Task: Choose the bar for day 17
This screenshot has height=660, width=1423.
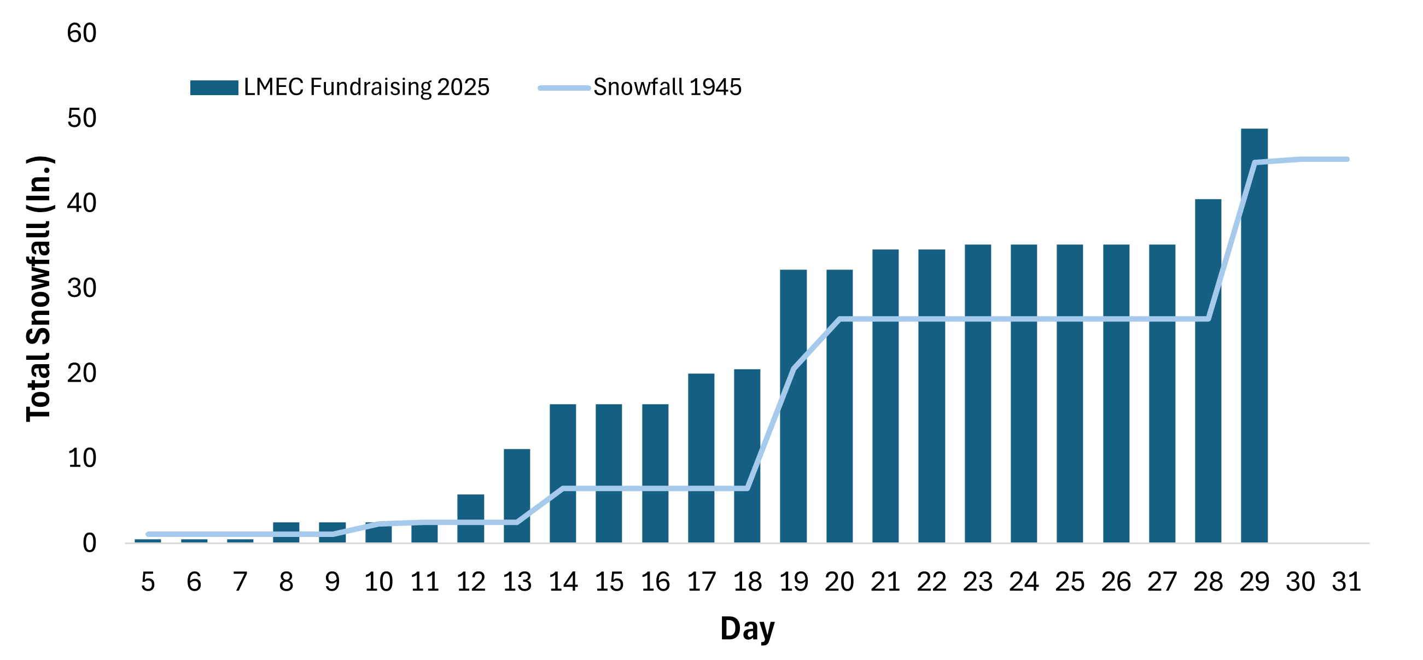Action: click(x=701, y=458)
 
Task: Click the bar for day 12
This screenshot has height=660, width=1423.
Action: click(x=471, y=518)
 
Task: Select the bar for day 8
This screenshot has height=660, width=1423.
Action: click(x=286, y=533)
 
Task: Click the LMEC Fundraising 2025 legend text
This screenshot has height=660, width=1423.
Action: click(x=366, y=87)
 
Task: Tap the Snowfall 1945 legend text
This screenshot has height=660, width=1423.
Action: click(x=667, y=87)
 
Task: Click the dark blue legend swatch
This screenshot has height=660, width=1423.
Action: click(x=214, y=88)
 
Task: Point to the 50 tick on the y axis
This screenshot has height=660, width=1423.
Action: click(x=81, y=118)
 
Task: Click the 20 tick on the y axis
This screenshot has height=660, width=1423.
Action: click(x=81, y=373)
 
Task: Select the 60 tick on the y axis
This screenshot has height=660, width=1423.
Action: click(x=81, y=33)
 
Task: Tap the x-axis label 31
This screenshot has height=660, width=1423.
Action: click(x=1346, y=582)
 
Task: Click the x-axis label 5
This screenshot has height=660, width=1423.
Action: click(x=148, y=582)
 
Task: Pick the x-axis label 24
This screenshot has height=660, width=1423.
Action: click(x=1024, y=582)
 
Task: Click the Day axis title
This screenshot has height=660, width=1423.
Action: click(x=747, y=628)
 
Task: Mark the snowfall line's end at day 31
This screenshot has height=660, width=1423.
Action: click(x=1347, y=159)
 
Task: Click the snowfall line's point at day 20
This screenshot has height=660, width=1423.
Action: click(x=839, y=319)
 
